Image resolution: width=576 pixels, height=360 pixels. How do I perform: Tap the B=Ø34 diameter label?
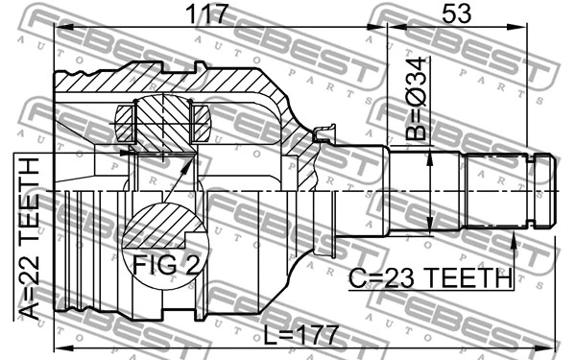(414, 96)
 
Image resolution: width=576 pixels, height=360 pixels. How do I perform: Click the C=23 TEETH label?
(430, 279)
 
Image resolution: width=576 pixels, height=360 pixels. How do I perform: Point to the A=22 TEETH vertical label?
(29, 236)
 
